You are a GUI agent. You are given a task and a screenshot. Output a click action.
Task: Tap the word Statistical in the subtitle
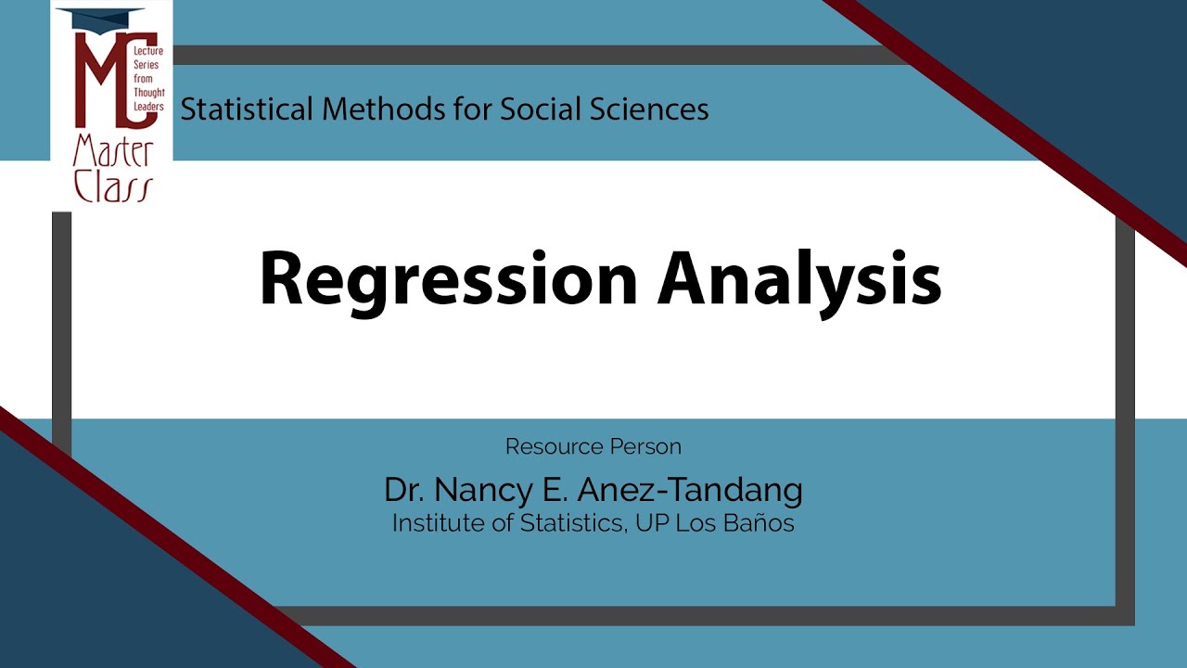pos(247,109)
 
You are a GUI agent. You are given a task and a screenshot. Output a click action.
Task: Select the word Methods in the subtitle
pos(384,109)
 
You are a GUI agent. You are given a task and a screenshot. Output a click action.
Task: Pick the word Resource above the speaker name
pos(554,447)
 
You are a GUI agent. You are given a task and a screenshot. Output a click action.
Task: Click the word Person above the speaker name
pos(645,447)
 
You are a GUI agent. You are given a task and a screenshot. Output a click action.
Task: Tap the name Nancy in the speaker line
pos(483,491)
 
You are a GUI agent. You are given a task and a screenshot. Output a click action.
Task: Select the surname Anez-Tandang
pos(690,491)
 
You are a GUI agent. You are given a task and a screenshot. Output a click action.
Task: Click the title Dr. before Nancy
pos(404,490)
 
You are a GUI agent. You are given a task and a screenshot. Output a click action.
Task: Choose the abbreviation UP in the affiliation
pos(652,523)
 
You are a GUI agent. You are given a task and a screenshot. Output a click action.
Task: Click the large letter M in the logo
pos(100,80)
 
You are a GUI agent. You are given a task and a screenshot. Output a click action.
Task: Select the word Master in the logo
pos(113,151)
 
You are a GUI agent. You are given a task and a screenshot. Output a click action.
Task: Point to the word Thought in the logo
pos(149,93)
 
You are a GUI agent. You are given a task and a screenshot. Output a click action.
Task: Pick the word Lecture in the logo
pos(148,51)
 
